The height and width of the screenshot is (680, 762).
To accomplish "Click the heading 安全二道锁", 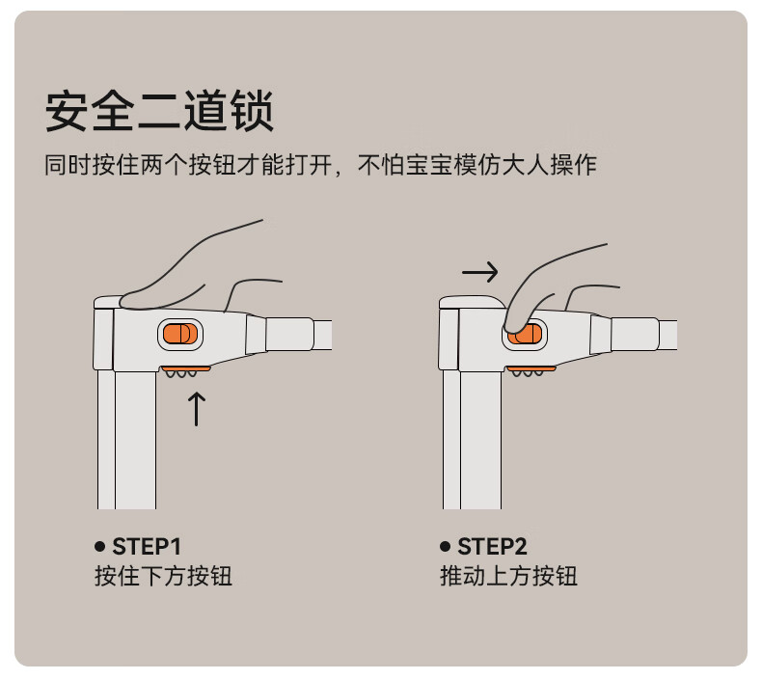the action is [x=159, y=111].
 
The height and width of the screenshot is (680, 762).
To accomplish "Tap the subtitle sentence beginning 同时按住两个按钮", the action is [x=320, y=165].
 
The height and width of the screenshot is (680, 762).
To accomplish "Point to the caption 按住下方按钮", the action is [x=163, y=577].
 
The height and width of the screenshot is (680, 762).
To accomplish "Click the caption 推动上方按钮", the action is [x=508, y=577].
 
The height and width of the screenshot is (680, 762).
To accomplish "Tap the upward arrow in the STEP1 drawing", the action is [x=197, y=409].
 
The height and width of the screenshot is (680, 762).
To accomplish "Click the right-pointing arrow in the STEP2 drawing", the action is [x=480, y=272].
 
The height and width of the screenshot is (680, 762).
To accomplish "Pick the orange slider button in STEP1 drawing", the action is [x=179, y=334].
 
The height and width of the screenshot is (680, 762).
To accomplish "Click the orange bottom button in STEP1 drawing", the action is [x=186, y=369].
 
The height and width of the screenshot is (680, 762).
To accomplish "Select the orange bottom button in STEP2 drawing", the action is [x=531, y=369].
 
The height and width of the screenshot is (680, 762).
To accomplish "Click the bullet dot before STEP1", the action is [x=99, y=546].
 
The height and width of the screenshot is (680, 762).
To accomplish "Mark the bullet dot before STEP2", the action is [x=446, y=546].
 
